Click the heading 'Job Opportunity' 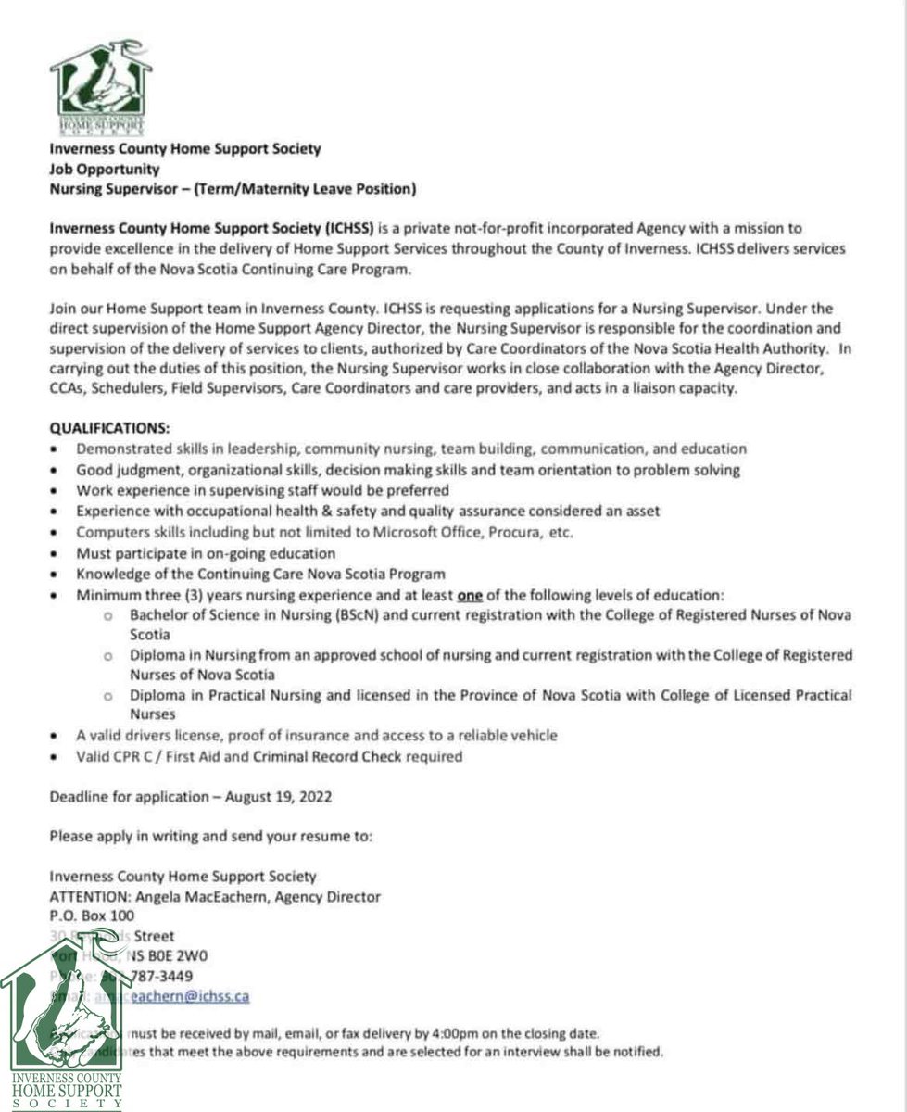point(104,170)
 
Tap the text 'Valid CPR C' point(115,756)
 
